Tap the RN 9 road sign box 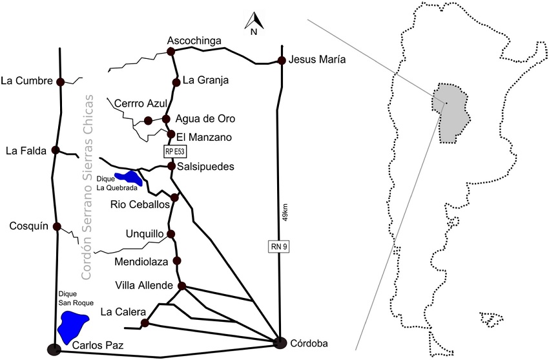point(279,246)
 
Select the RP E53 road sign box point(174,152)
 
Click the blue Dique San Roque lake point(72,326)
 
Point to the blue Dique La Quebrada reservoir point(129,178)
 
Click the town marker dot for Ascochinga point(171,52)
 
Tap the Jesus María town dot point(282,60)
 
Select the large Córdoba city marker point(280,343)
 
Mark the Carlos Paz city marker point(54,349)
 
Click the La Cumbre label point(26,81)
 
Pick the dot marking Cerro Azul point(148,121)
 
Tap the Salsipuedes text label point(205,166)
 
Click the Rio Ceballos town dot point(174,198)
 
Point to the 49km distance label point(285,212)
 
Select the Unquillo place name point(145,233)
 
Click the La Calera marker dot point(144,323)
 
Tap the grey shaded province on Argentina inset point(450,112)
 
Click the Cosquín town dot point(57,227)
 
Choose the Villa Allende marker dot point(181,286)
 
